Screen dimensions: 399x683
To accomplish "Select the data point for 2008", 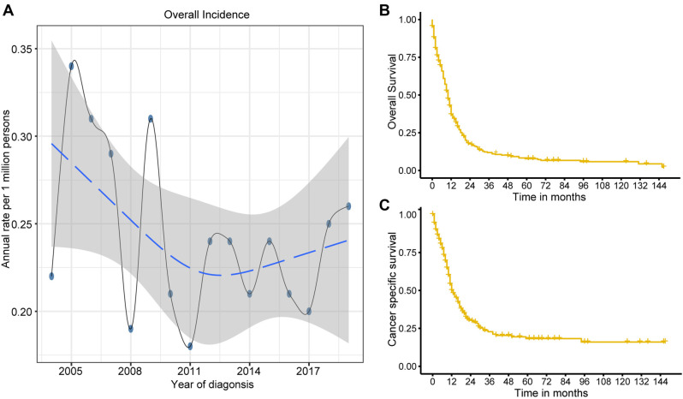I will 131,329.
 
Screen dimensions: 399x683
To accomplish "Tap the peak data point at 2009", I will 151,118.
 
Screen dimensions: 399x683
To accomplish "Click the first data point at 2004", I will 51,276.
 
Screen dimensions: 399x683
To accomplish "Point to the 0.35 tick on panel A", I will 27,49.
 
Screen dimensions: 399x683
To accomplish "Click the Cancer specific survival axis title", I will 392,290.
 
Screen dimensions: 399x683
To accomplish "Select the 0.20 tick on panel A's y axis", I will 27,312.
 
